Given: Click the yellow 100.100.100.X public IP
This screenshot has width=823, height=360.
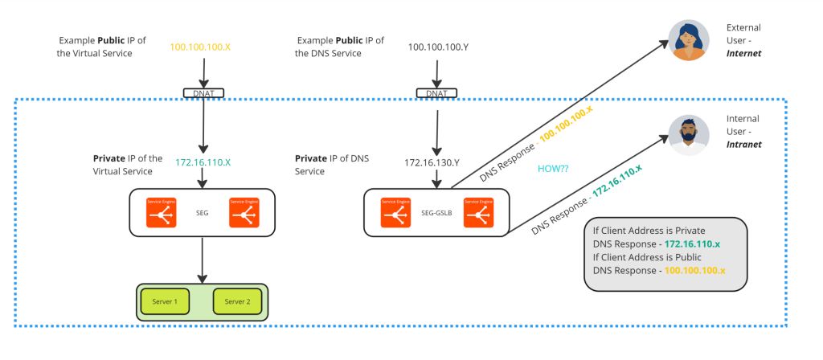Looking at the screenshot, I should point(200,47).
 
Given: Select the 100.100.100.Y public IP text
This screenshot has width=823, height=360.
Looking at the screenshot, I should point(437,47).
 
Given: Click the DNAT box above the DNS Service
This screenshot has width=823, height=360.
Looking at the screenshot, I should point(436,93).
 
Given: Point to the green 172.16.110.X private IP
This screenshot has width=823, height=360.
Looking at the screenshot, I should point(203,162).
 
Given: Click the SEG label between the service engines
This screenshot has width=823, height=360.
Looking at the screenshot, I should point(203,213).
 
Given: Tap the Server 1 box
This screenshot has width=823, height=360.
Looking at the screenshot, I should point(165,301).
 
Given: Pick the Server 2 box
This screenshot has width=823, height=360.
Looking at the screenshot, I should point(237,301).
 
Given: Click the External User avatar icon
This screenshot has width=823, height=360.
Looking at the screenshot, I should point(689,40).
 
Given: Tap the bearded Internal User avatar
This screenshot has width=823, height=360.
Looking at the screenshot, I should point(689,134).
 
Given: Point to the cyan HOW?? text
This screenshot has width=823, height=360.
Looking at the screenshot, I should point(554,169).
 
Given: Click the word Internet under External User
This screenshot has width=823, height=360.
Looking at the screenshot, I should point(743,53).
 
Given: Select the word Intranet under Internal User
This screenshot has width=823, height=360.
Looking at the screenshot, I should point(743,145).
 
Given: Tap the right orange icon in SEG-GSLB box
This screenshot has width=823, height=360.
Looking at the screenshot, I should point(479,212).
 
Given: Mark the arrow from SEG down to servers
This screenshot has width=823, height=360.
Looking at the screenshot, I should point(202,259).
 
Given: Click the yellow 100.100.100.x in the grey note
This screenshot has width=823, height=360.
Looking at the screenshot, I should point(694,271).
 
